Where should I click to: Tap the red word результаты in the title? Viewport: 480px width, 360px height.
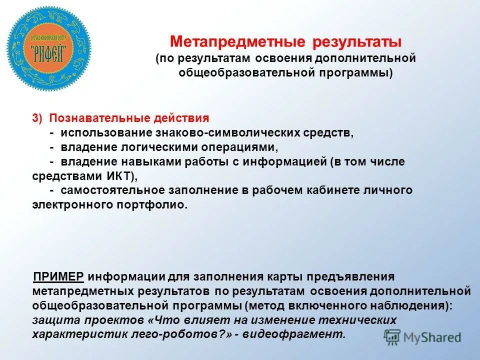[x=357, y=41]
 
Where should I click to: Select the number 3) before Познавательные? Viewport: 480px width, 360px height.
[x=38, y=118]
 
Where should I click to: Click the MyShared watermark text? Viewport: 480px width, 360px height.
[x=432, y=337]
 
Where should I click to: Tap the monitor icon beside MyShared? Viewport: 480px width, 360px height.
[x=392, y=337]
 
